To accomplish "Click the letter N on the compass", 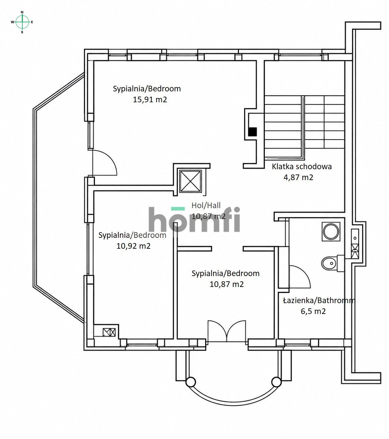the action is click(22, 12).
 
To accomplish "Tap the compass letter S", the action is click(22, 32).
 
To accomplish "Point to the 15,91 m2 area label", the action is click(150, 100).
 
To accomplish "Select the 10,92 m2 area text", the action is click(133, 246).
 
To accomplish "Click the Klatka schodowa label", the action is click(302, 167).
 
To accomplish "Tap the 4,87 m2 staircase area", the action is click(298, 177).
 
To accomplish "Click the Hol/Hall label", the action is click(206, 205).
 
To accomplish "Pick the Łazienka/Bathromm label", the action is click(319, 300).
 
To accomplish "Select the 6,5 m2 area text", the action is click(313, 311).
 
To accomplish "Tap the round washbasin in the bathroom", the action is click(331, 232).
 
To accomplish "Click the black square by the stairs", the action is click(252, 132).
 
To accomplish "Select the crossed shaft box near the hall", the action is click(190, 181).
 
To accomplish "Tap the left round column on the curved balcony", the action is click(191, 382).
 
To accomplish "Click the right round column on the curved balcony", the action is click(276, 382).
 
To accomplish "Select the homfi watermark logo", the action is click(194, 219).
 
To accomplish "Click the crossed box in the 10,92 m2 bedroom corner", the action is click(109, 332).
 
